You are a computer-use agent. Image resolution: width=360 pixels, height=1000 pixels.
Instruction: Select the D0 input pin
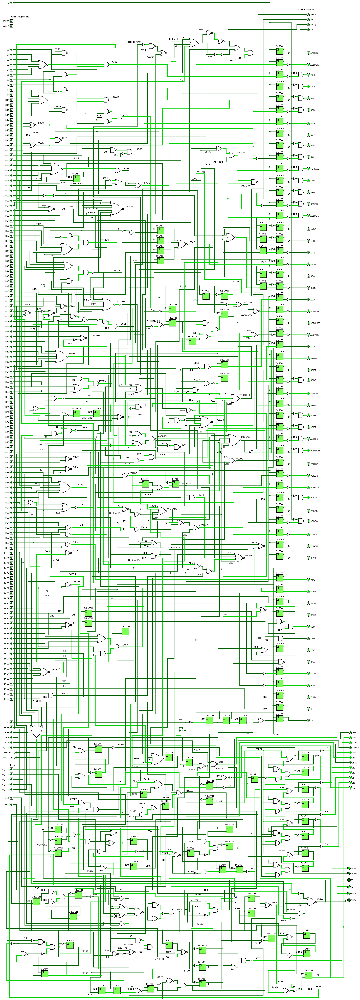[x=11, y=50]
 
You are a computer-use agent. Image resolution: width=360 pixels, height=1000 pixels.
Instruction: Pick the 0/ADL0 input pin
[x=11, y=26]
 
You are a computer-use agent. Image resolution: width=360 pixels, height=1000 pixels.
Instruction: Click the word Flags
[x=13, y=765]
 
